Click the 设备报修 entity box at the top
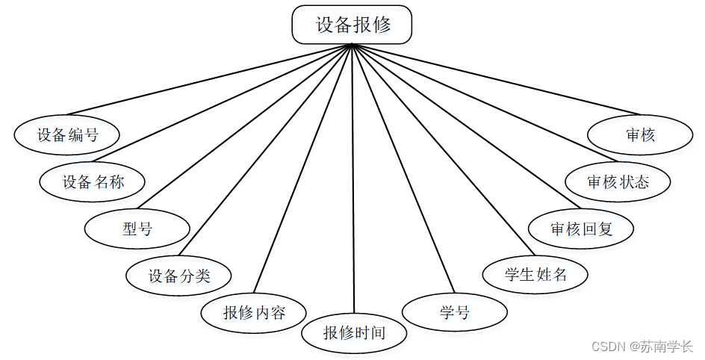coord(352,25)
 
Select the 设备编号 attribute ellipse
coord(67,134)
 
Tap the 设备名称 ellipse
coord(92,181)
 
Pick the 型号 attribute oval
coord(137,229)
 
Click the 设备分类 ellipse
coord(179,276)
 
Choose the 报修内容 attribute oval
coord(254,312)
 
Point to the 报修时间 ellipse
coord(354,332)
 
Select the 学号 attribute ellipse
coord(455,311)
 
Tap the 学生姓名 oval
coord(535,274)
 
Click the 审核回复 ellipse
coord(581,228)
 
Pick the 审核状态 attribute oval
coord(618,181)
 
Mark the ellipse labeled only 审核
coord(640,134)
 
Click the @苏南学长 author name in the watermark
coord(662,347)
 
